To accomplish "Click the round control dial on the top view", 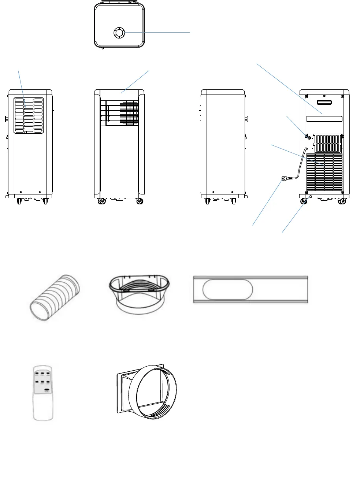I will pos(119,33).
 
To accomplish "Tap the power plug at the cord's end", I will pos(284,179).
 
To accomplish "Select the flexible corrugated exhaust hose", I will pos(55,297).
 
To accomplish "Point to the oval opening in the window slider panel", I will pos(227,289).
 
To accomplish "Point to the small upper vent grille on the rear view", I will pos(327,143).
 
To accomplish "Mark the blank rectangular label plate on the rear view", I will pos(324,119).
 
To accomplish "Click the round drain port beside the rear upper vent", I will pos(308,138).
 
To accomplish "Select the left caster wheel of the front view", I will pos(100,201).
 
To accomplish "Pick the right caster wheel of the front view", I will pos(139,201).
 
